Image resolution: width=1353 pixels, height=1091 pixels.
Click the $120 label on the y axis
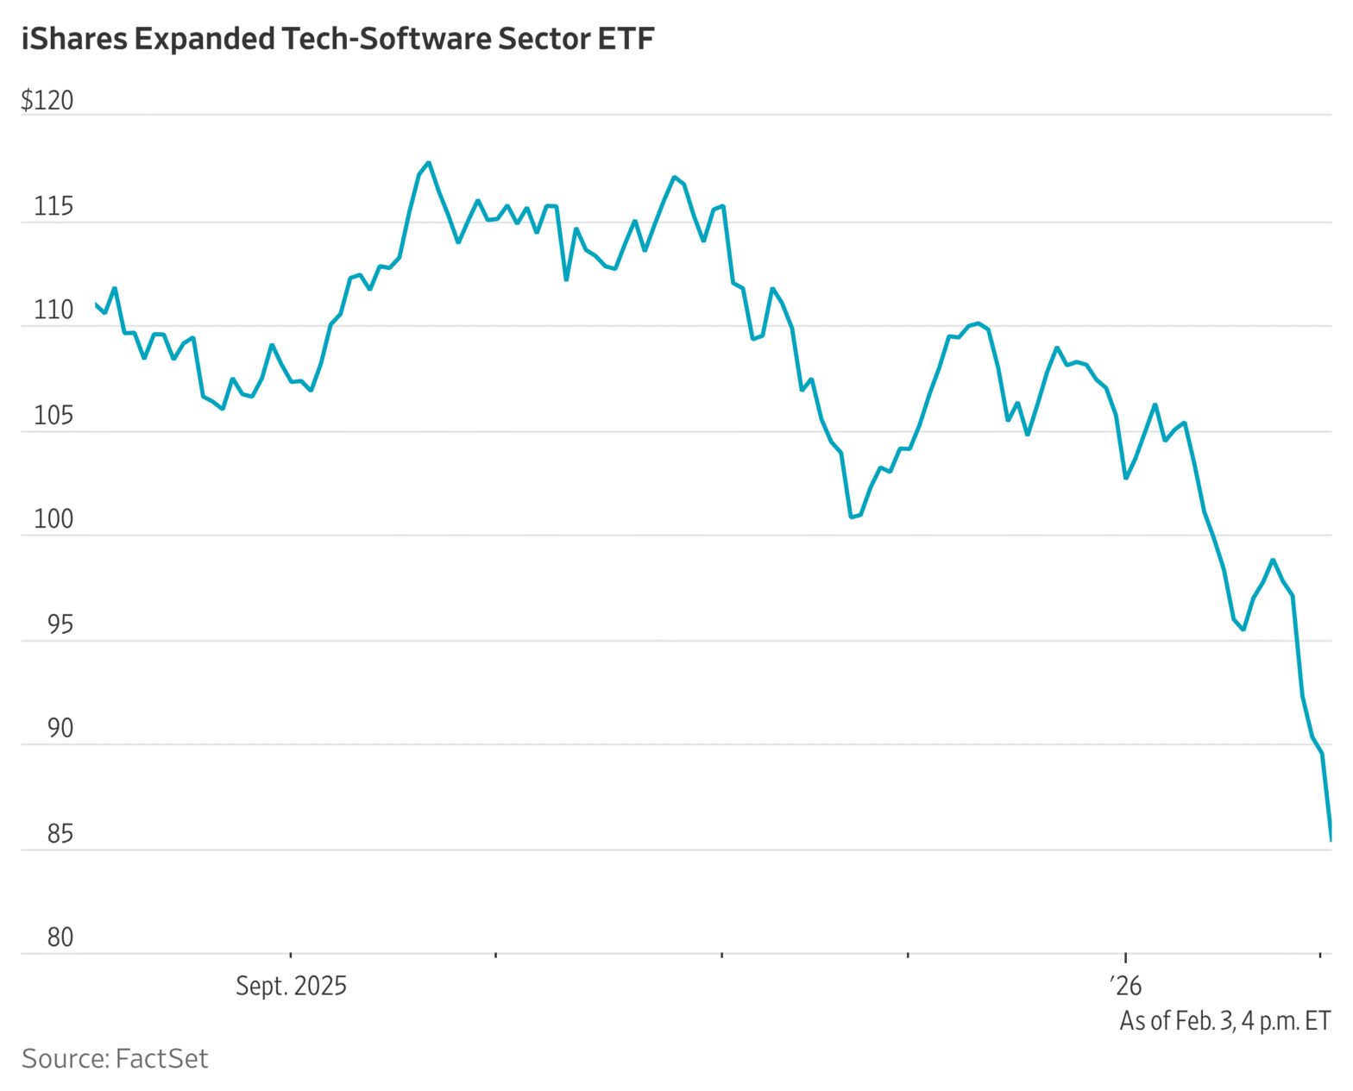[x=47, y=101]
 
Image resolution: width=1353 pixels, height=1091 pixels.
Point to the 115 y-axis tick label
[x=53, y=207]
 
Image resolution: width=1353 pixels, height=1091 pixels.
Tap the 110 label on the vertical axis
[x=53, y=311]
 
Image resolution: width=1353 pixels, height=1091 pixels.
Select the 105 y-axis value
[x=53, y=417]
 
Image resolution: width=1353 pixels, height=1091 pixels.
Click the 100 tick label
[x=53, y=520]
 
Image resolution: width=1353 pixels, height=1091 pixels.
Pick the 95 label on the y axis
[x=60, y=625]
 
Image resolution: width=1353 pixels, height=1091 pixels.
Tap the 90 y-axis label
[x=60, y=729]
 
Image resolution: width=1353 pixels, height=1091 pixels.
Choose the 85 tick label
[x=60, y=835]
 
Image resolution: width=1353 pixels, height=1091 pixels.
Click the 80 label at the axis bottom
[x=60, y=938]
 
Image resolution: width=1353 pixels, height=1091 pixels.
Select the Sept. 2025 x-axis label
[x=291, y=987]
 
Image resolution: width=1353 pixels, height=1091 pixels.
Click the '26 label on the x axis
[x=1125, y=987]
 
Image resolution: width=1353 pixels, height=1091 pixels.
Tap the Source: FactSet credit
[x=115, y=1059]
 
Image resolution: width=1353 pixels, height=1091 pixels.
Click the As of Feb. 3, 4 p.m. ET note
[x=1224, y=1021]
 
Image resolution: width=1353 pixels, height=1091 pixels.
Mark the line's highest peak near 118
[x=429, y=162]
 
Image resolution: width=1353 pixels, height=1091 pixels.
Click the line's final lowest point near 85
[x=1331, y=839]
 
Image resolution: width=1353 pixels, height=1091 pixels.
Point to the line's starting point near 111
[x=96, y=304]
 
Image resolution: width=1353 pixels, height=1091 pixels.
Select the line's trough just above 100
[x=851, y=517]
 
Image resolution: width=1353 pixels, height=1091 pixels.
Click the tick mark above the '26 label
[x=1125, y=956]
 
